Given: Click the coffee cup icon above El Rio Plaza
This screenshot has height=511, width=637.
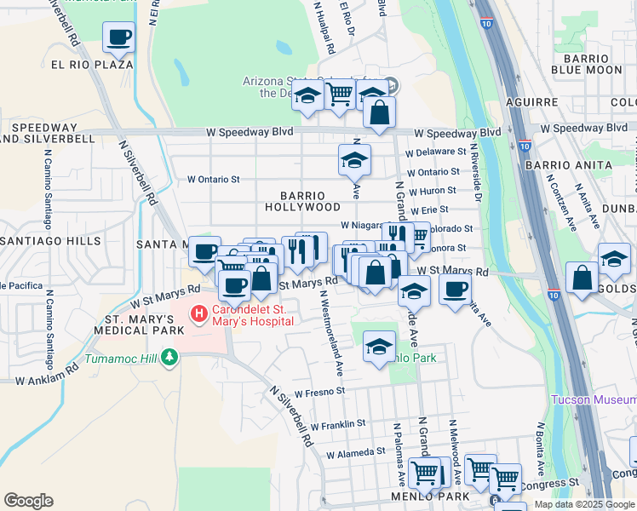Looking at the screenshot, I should [x=118, y=37].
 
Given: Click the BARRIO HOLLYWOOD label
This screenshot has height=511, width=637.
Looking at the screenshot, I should [x=301, y=201].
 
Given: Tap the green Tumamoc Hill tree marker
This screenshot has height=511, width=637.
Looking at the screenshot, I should [x=169, y=356].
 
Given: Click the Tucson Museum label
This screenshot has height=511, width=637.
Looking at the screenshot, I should [x=593, y=399].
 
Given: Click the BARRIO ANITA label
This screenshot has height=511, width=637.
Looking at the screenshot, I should [x=568, y=165].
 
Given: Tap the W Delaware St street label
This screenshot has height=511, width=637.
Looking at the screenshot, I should [x=437, y=152].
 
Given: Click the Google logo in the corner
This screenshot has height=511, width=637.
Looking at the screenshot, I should [x=28, y=501].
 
